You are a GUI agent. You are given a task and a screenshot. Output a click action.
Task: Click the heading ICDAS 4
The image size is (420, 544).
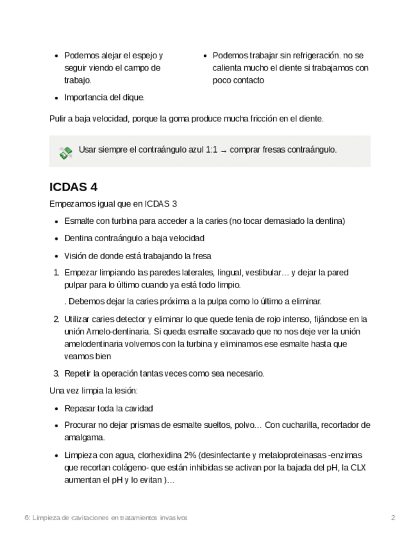pyautogui.click(x=73, y=187)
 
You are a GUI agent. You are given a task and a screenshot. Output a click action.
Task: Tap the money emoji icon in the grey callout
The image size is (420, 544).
pyautogui.click(x=65, y=153)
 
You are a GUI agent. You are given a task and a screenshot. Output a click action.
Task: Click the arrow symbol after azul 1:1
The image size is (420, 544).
pyautogui.click(x=223, y=150)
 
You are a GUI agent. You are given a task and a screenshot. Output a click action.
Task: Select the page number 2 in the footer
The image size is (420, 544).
pyautogui.click(x=393, y=518)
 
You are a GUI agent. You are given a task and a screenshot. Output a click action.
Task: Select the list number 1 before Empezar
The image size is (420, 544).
pyautogui.click(x=56, y=273)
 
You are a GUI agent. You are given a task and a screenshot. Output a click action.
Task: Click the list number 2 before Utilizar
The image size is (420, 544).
pyautogui.click(x=56, y=319)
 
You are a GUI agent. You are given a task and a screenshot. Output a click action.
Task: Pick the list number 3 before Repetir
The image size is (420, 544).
pyautogui.click(x=56, y=373)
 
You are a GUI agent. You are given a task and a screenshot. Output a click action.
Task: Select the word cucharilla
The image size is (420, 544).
pyautogui.click(x=304, y=425)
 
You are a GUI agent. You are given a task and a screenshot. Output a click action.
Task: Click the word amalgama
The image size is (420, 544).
pyautogui.click(x=84, y=438)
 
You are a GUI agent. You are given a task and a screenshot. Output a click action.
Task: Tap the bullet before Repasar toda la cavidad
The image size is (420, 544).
pyautogui.click(x=56, y=409)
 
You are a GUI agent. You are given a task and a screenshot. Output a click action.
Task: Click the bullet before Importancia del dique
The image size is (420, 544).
pyautogui.click(x=56, y=98)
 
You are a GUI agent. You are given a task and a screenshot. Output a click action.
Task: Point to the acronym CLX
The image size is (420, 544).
pyautogui.click(x=357, y=468)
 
